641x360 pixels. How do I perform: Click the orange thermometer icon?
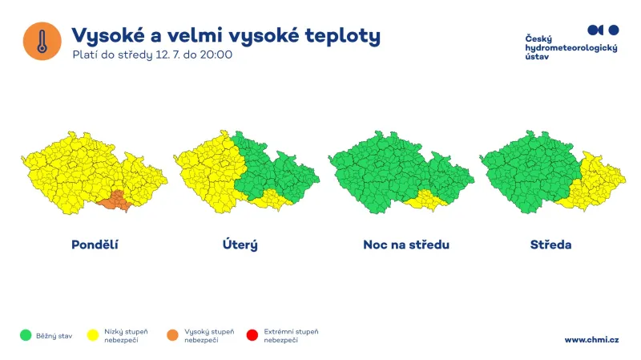[x=42, y=40]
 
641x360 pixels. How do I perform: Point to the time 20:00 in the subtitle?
[x=216, y=55]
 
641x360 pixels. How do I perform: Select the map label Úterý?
[x=240, y=245]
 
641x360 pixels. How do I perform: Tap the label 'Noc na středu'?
[x=405, y=245]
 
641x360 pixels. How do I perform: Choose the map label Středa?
[x=550, y=245]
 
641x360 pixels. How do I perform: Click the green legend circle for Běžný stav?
[x=26, y=335]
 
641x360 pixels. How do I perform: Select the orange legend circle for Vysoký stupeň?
[x=173, y=335]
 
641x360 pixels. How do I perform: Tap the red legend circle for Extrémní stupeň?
[x=252, y=335]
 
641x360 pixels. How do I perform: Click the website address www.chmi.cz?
[x=591, y=340]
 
